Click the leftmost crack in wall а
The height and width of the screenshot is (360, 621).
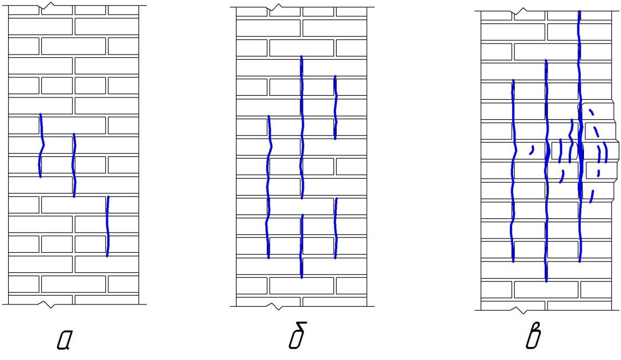[41, 146]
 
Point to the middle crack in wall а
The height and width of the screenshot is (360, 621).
[74, 164]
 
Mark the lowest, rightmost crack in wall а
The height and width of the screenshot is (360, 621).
[107, 226]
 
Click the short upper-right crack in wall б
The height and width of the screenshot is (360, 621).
[334, 107]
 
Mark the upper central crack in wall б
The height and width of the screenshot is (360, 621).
[301, 128]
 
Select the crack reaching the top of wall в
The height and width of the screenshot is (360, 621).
[580, 136]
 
